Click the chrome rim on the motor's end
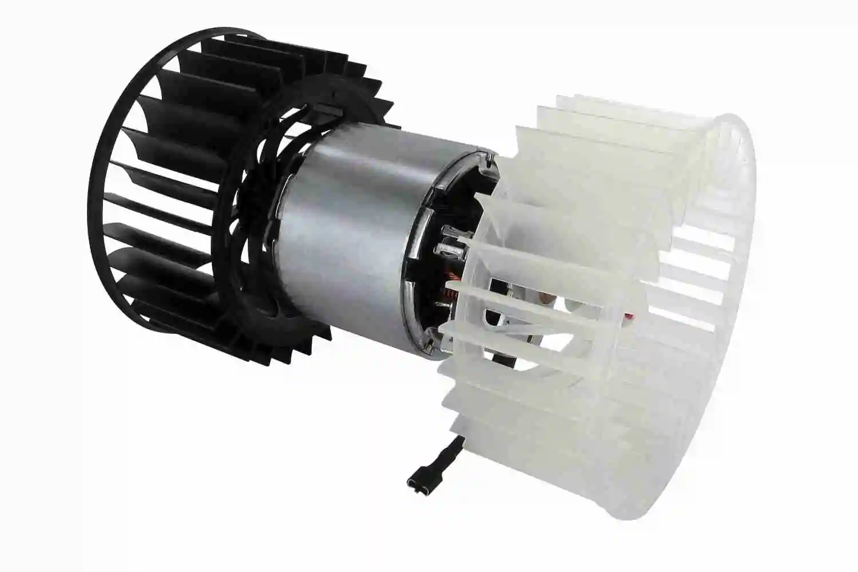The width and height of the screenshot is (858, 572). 420,252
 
